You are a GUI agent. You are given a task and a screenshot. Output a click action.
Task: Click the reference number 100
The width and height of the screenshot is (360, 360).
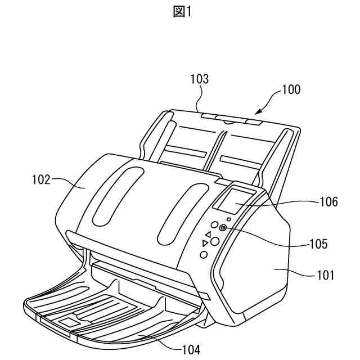point(291,89)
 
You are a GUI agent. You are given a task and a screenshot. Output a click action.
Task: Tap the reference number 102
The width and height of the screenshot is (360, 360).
point(40,180)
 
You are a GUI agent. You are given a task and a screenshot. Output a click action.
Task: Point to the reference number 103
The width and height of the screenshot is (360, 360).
point(199,79)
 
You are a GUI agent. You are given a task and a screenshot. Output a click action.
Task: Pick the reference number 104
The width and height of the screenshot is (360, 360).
point(191,349)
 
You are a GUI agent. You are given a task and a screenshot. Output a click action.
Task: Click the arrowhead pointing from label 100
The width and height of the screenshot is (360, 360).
point(259,112)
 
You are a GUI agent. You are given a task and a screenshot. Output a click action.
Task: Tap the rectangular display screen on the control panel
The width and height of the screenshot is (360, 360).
point(237,200)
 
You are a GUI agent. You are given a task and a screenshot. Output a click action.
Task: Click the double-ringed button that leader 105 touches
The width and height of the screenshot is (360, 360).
point(223,228)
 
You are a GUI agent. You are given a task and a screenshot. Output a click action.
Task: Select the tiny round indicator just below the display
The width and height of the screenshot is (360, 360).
point(228,219)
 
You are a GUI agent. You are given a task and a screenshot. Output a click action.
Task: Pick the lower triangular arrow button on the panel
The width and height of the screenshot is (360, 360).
point(205,243)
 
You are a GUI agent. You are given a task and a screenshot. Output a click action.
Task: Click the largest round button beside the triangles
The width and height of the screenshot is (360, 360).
point(214,241)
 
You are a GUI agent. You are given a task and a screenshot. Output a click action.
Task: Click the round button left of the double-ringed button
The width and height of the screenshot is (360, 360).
point(214,224)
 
